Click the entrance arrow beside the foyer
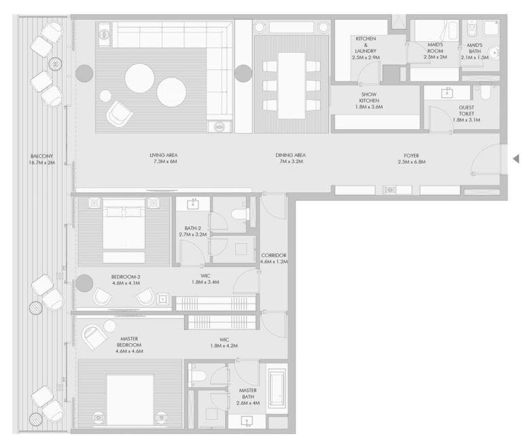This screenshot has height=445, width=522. [516, 159]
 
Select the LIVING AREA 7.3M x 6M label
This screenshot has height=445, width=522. [163, 159]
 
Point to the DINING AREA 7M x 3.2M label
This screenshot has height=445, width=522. [290, 159]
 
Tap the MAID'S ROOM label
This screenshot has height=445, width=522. [435, 51]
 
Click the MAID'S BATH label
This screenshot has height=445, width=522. [474, 51]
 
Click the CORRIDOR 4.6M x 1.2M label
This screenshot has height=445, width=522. [274, 257]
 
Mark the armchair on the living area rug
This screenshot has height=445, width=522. [120, 113]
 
